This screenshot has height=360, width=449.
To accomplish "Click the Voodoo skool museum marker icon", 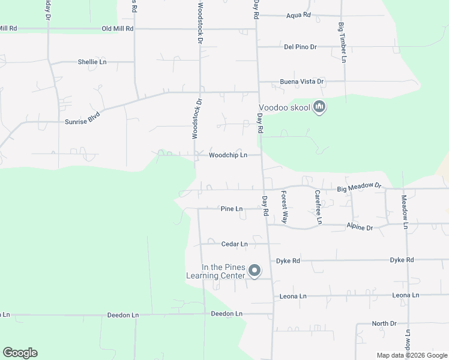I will pyautogui.click(x=319, y=107).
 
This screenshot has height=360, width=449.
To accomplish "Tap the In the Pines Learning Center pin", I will pyautogui.click(x=254, y=271).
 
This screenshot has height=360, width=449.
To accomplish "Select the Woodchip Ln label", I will pyautogui.click(x=228, y=155).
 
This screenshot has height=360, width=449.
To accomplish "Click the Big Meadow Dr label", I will pyautogui.click(x=359, y=188).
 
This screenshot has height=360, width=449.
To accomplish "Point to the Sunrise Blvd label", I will pyautogui.click(x=82, y=121).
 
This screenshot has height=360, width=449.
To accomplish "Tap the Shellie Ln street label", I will pyautogui.click(x=92, y=62).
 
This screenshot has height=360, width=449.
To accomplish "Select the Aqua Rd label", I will pyautogui.click(x=298, y=15).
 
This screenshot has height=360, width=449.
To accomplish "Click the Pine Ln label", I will pyautogui.click(x=231, y=209).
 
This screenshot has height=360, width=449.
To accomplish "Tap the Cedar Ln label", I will pyautogui.click(x=234, y=244).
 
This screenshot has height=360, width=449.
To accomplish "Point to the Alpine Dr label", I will pyautogui.click(x=360, y=227).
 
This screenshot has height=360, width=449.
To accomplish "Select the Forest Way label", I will pyautogui.click(x=285, y=208).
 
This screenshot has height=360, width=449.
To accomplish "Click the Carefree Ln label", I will pyautogui.click(x=319, y=208).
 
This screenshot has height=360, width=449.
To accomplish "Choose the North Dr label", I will pyautogui.click(x=384, y=323).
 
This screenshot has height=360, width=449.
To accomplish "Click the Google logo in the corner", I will pyautogui.click(x=20, y=353).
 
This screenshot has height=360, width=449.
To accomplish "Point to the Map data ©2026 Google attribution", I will pyautogui.click(x=411, y=355).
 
